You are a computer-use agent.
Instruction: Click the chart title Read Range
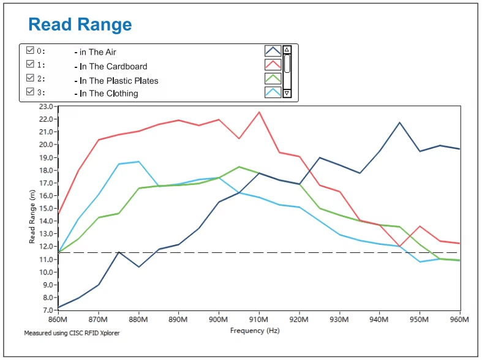coord(80,24)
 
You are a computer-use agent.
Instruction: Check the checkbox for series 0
coord(30,50)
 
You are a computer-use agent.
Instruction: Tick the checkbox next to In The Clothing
coord(30,92)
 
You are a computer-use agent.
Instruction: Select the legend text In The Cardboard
coord(113,66)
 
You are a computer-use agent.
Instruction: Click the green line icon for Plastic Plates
coord(273,78)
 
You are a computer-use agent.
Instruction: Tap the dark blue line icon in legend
coord(273,51)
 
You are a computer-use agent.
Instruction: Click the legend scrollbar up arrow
coord(287,50)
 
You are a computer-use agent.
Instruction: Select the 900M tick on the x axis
coord(218,320)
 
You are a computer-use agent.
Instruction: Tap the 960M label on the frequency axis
coord(459,320)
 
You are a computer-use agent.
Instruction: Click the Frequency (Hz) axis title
coord(255,331)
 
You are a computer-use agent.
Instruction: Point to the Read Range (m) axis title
coord(32,217)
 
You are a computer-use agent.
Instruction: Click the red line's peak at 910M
coord(259,112)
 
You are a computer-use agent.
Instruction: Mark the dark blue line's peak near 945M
coord(399,122)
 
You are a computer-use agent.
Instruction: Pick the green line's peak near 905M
coord(239,167)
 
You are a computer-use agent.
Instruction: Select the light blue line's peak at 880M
coord(138,162)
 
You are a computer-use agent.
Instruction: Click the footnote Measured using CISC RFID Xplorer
coord(72,333)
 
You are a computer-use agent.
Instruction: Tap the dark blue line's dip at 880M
coord(139,266)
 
